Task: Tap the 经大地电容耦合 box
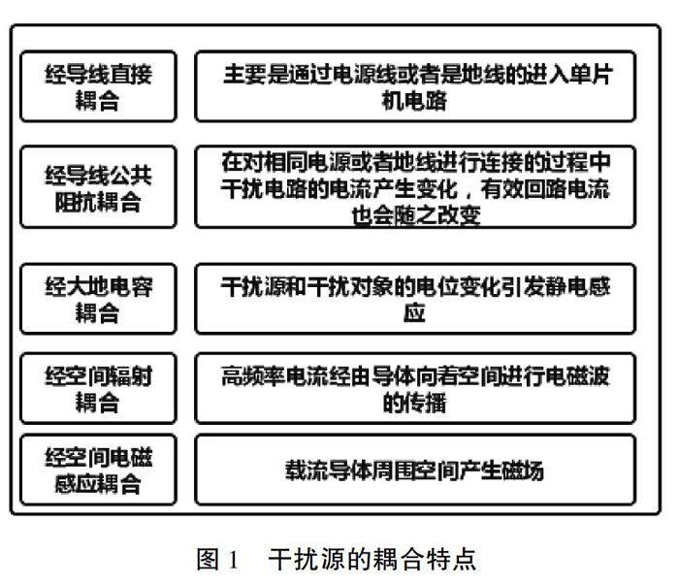click(98, 299)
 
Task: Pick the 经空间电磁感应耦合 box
click(98, 470)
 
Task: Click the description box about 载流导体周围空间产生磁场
click(416, 470)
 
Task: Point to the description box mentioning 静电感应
click(416, 299)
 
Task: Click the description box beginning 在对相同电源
click(416, 187)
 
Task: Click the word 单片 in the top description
click(591, 74)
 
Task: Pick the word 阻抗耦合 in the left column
click(98, 202)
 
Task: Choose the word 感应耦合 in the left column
click(98, 482)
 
